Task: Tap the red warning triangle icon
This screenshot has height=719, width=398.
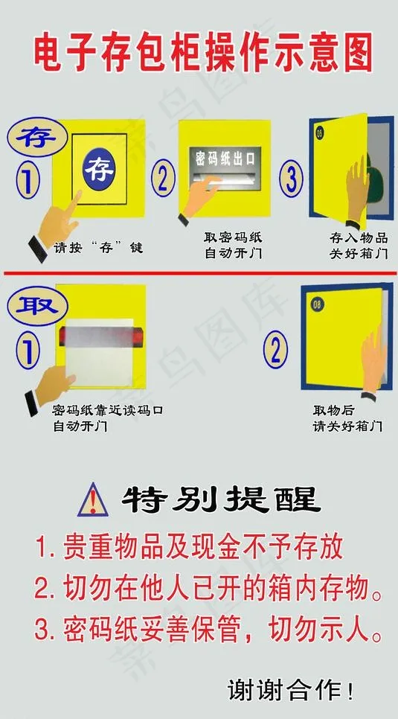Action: pos(93,500)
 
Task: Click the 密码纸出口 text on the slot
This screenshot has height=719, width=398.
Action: pos(225,159)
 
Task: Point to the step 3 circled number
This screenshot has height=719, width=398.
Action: pos(291,179)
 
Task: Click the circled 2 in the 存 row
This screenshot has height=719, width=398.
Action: pos(163,179)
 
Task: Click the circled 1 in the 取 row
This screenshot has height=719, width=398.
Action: pos(28,352)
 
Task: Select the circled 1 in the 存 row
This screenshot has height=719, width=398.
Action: pos(28,179)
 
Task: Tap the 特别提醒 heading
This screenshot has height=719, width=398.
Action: pos(221,499)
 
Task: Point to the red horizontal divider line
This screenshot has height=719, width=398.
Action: pos(200,274)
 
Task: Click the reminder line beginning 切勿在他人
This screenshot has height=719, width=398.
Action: pos(208,588)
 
